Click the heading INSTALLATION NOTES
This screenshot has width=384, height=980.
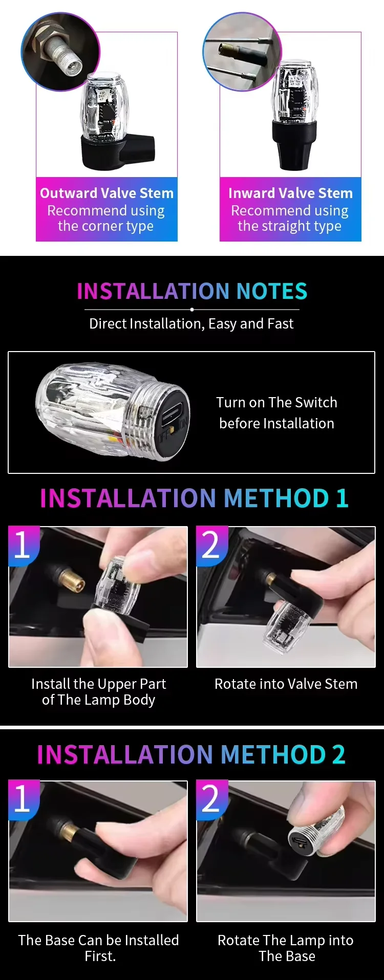(x=192, y=291)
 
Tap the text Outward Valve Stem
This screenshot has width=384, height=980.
(x=106, y=193)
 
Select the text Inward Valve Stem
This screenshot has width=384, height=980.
(x=290, y=193)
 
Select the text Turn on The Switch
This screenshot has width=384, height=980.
(x=276, y=402)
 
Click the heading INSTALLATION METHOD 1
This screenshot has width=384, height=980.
(x=194, y=498)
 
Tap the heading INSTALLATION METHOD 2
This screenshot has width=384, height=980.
(x=191, y=754)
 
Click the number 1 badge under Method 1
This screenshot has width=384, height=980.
(x=23, y=546)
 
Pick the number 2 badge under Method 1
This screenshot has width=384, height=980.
(x=211, y=546)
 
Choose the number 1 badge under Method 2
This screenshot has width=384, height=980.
(x=23, y=800)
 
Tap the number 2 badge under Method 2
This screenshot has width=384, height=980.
(x=211, y=800)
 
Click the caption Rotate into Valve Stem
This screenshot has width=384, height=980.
(x=286, y=684)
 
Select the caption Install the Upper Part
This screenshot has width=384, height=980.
(x=98, y=684)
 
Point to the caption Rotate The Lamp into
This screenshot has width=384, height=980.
(x=286, y=940)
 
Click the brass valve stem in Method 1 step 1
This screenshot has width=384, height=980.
(x=70, y=581)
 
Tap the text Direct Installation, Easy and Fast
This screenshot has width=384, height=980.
(x=191, y=323)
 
